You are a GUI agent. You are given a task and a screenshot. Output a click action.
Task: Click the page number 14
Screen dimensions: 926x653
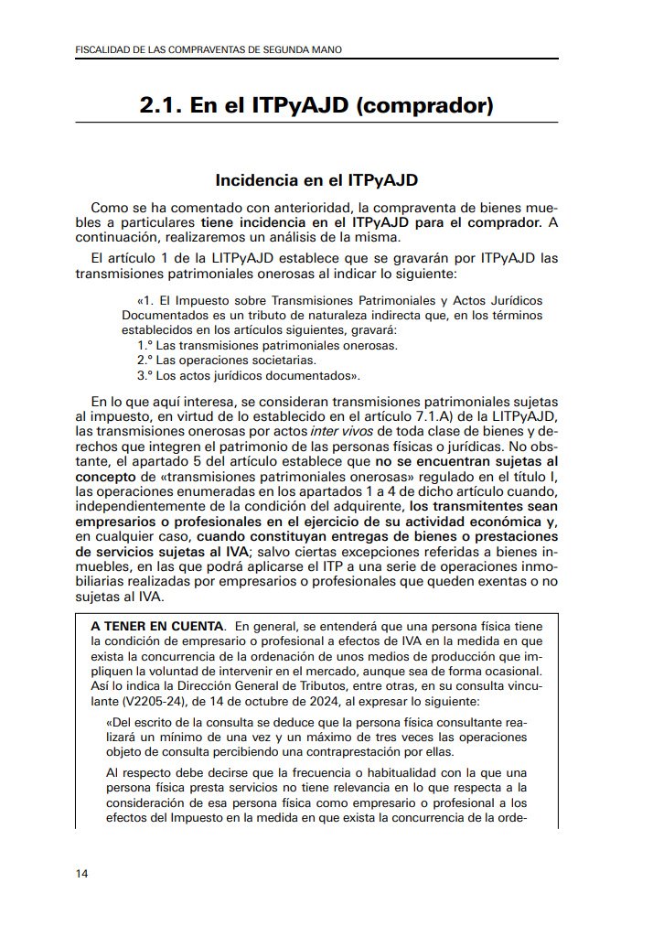coord(82,874)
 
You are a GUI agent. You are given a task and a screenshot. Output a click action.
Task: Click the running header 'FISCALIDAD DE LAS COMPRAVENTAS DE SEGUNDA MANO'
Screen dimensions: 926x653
coord(208,48)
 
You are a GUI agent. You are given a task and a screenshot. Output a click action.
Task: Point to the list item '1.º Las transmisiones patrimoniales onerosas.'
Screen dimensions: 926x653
coord(267,345)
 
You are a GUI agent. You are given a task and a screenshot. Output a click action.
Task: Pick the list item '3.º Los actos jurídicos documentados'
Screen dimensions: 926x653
coord(246,375)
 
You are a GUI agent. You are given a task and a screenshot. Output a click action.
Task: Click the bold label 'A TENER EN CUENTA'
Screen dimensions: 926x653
coord(157,626)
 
